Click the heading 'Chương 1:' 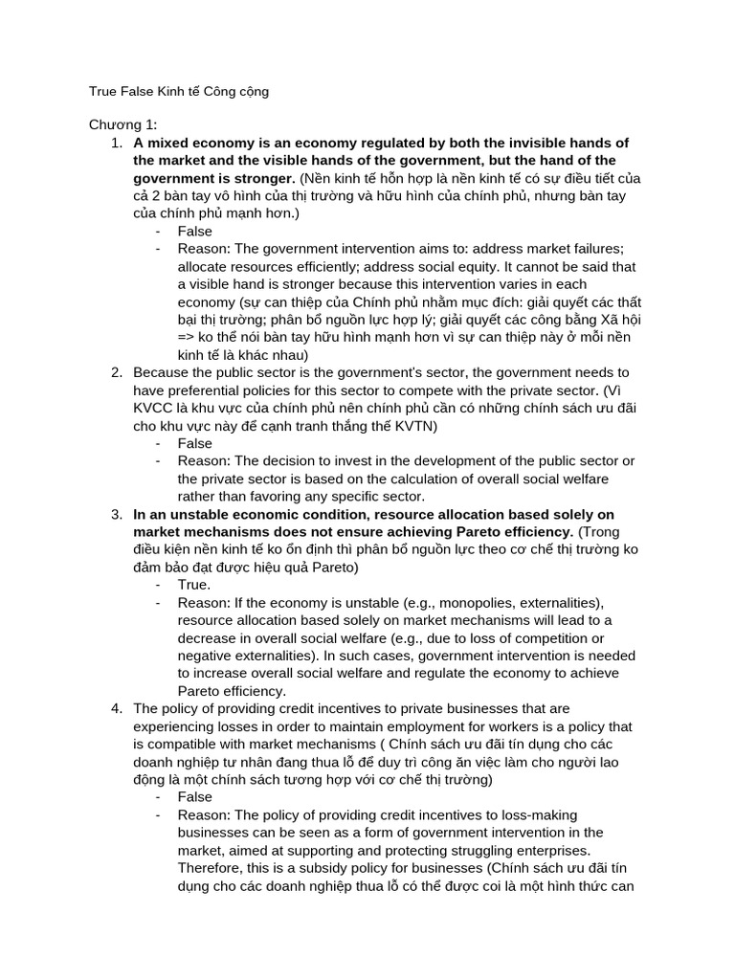[123, 124]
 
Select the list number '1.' [115, 143]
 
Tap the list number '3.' [115, 514]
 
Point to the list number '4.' [115, 708]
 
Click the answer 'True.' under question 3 [194, 584]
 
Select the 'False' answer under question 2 [195, 443]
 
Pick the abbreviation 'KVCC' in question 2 [155, 408]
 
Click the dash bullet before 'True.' [157, 584]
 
